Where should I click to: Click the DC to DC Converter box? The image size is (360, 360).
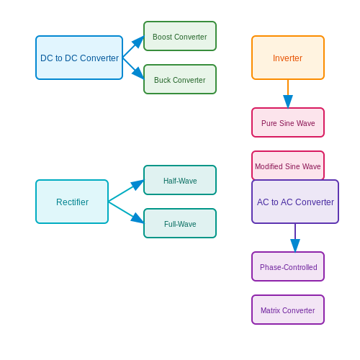79,58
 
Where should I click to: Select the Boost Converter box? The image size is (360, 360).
180,36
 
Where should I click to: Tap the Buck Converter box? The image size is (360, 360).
180,79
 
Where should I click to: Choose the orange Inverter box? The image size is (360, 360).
288,58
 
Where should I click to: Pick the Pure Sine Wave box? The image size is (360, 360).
288,122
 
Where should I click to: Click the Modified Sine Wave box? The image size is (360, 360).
288,166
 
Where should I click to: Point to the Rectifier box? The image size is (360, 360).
72,202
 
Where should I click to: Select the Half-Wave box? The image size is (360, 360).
180,180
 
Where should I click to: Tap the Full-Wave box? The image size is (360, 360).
180,223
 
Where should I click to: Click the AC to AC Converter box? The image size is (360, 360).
295,202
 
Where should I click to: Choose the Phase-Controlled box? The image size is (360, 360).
288,266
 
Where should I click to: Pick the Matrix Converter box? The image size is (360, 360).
288,310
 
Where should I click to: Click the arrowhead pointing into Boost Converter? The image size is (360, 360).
138,41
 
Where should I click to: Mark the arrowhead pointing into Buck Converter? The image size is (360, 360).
138,73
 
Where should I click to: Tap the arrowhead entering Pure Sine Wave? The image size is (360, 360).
288,102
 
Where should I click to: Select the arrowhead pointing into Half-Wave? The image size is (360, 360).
138,184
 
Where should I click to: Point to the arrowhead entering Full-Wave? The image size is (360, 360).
138,218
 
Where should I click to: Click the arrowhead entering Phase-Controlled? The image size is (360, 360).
295,246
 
